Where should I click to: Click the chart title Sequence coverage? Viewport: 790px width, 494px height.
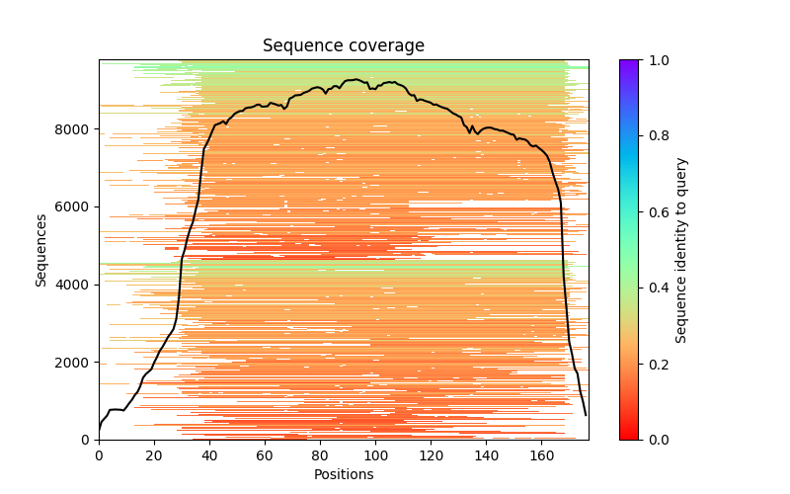343,45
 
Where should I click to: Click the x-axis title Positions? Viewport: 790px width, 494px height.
343,474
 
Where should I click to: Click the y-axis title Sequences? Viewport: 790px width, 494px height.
41,249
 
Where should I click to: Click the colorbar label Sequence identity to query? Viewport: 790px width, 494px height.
681,249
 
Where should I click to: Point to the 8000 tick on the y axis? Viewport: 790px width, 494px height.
77,129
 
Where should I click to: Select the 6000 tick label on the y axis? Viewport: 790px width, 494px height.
77,206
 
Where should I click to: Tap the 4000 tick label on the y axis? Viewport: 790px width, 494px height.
77,285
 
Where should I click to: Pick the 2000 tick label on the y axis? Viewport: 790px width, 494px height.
77,362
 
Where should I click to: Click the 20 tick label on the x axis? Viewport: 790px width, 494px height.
154,455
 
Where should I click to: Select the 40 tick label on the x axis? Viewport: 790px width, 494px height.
209,455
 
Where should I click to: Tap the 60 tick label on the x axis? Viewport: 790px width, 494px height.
265,455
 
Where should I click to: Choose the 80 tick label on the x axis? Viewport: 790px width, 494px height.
320,455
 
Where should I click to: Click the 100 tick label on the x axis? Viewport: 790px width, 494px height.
375,455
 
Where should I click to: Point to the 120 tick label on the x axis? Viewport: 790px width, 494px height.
431,455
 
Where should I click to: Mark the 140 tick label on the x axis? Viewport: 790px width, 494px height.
486,455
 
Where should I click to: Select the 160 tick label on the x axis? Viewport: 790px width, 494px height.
541,455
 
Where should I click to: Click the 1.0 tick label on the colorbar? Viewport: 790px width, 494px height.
654,60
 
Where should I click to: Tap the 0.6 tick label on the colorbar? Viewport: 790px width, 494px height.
654,211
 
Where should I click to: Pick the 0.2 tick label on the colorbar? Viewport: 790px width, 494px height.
654,364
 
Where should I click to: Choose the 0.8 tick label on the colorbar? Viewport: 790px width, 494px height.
654,136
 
